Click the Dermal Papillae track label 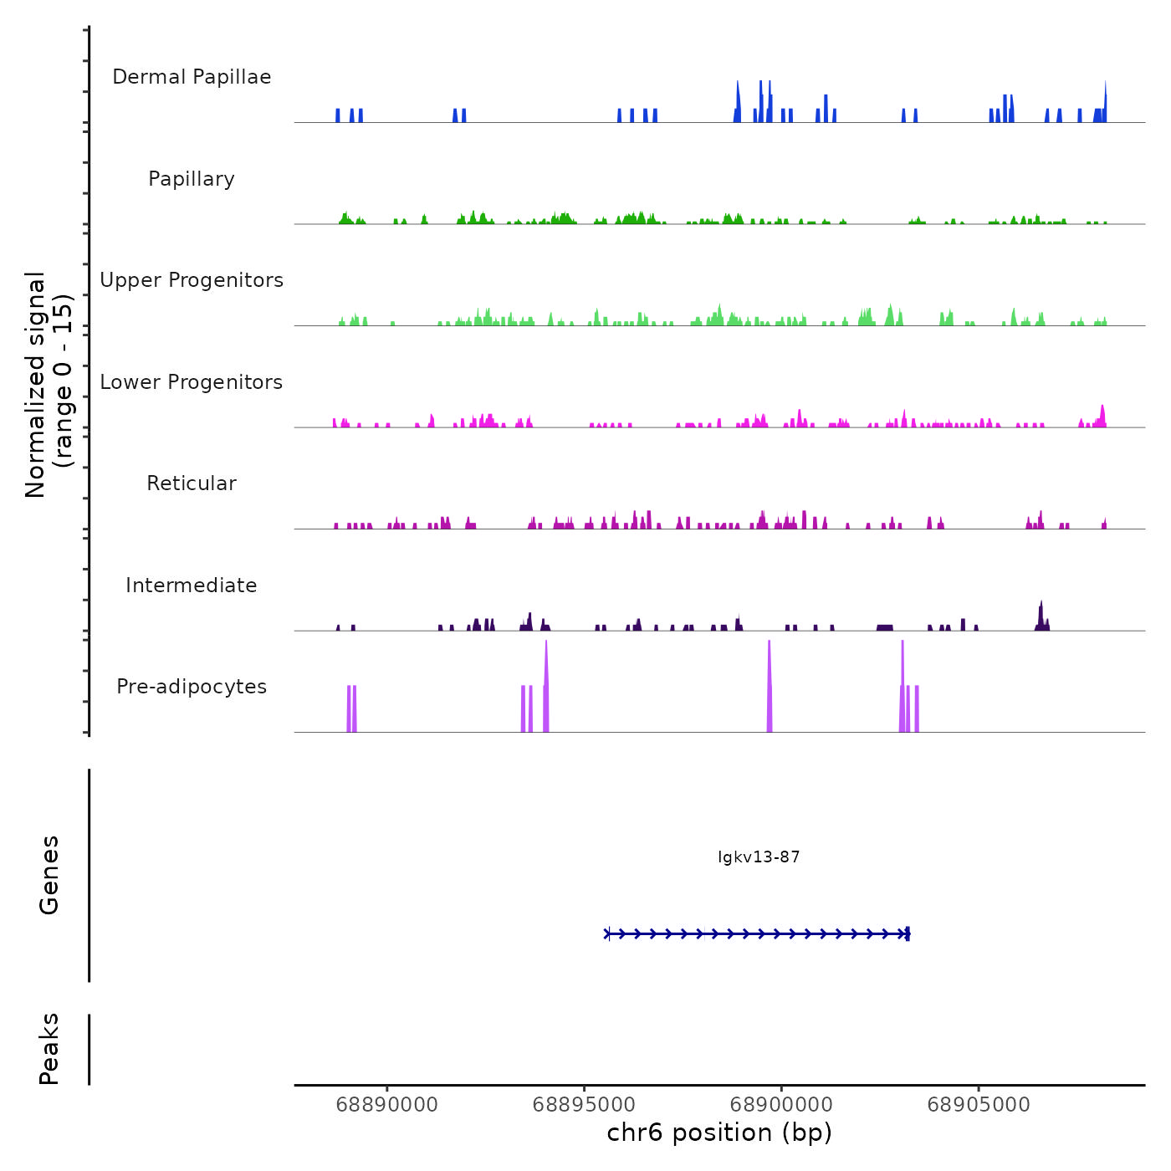(x=192, y=77)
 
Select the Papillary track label (x=192, y=179)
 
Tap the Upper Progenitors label (x=192, y=280)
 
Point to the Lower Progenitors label (x=192, y=382)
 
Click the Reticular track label (x=192, y=483)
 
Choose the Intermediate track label (x=192, y=585)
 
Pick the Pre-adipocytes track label (x=192, y=687)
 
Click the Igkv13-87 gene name (x=759, y=857)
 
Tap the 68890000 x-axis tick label (x=387, y=1105)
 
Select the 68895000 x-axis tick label (x=584, y=1105)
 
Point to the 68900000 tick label (x=781, y=1105)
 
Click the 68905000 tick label (x=978, y=1105)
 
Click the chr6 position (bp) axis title (x=719, y=1133)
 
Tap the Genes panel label (x=49, y=875)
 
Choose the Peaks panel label (x=49, y=1049)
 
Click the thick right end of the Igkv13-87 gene (x=908, y=934)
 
